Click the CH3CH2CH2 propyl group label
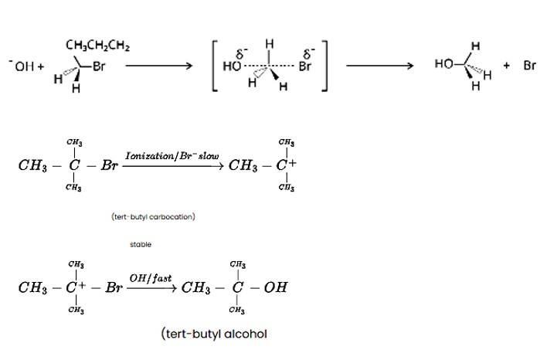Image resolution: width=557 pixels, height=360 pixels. coord(97,46)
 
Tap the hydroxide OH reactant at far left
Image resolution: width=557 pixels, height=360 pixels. coord(25,67)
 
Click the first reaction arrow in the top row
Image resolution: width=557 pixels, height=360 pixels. coord(158,66)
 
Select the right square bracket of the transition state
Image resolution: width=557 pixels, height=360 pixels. coord(324,66)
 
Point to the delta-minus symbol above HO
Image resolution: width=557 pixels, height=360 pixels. coord(240,54)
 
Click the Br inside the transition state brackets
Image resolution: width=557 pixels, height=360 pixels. coord(305,66)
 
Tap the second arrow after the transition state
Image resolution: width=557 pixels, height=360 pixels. coord(379,66)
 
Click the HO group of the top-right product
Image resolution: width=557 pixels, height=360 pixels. coord(443,64)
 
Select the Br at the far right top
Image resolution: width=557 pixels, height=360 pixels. coord(529,66)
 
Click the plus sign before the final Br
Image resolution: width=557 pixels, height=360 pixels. coord(507,66)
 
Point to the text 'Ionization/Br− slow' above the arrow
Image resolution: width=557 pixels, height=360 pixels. coord(172,156)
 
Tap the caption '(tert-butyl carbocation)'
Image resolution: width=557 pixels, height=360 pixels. coord(153,216)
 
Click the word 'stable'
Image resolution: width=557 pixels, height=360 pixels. coord(141,244)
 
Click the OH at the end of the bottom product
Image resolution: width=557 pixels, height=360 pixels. coord(276,287)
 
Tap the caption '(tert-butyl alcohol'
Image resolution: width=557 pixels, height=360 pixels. coord(215,334)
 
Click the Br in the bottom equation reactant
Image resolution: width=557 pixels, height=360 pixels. coord(114,287)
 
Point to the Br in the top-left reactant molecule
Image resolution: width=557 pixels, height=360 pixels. coord(98,67)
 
